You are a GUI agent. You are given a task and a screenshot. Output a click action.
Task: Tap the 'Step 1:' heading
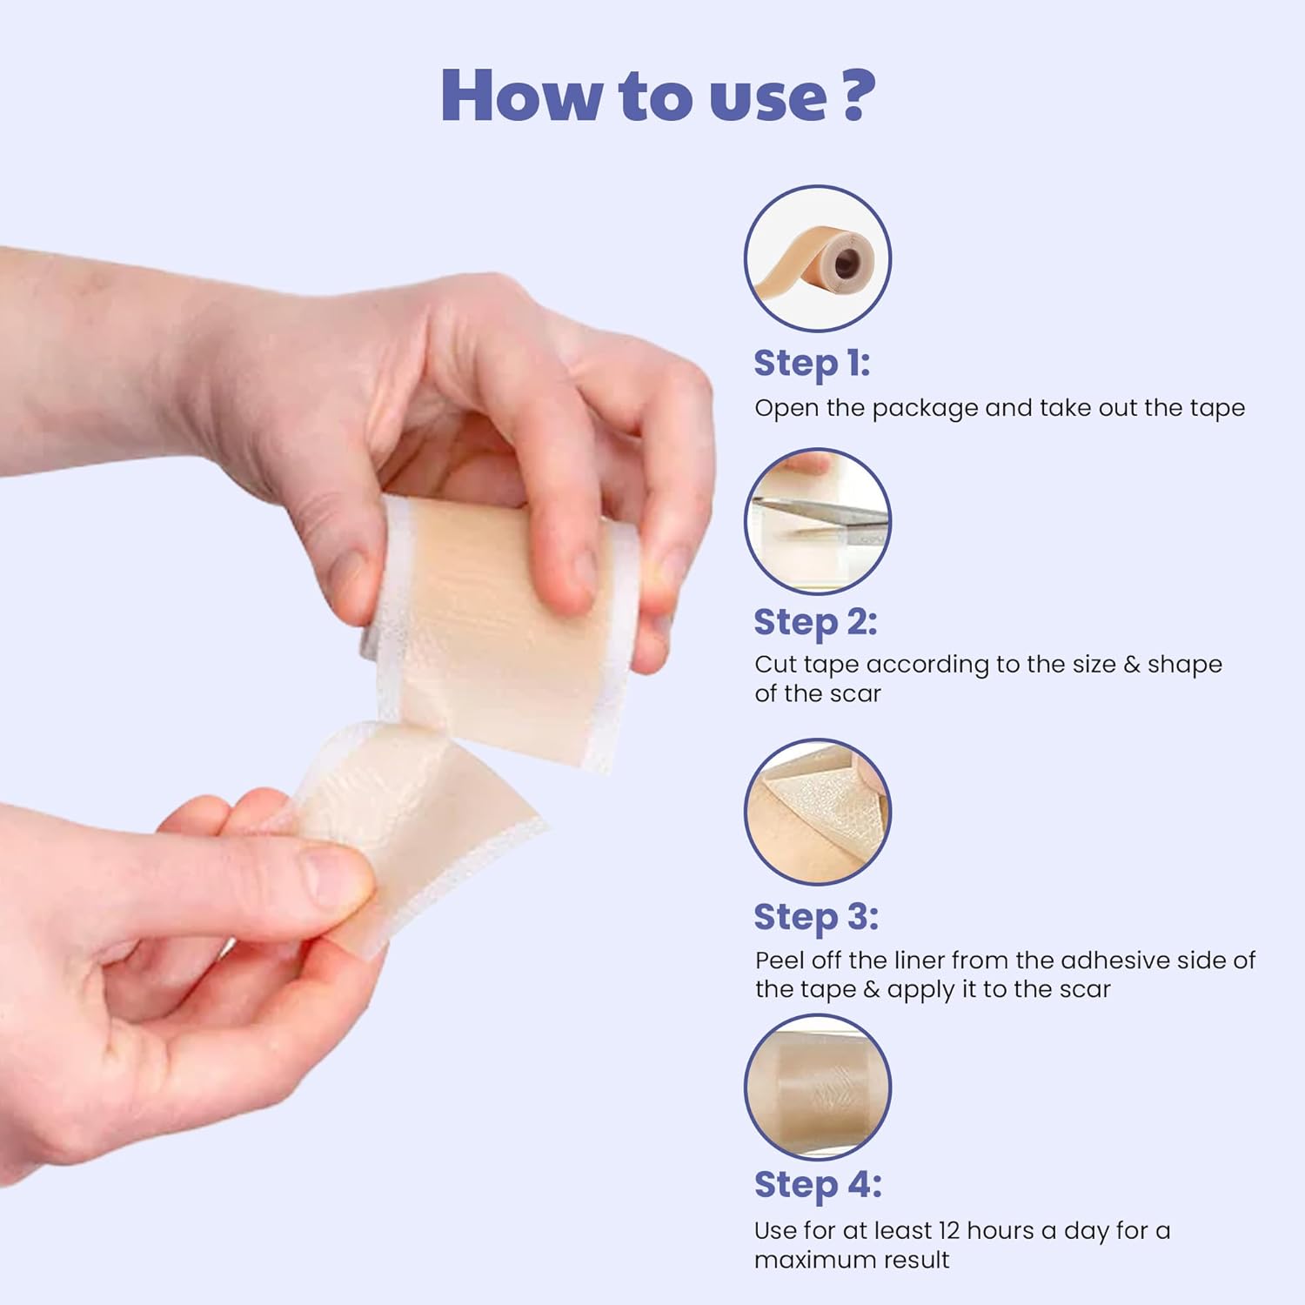(x=811, y=363)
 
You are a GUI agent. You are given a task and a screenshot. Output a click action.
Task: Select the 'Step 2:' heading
(x=815, y=622)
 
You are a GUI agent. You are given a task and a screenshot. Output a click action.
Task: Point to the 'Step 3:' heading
(x=815, y=917)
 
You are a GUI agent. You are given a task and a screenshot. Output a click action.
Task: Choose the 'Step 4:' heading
(x=817, y=1184)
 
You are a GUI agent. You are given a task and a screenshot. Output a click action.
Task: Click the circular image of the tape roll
(x=818, y=258)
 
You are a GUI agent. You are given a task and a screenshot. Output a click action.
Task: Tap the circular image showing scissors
(x=818, y=521)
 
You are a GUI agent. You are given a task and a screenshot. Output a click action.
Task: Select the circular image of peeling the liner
(x=818, y=812)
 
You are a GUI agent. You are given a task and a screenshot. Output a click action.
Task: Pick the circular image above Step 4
(x=818, y=1087)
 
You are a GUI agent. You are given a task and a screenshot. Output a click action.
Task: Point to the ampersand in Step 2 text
(x=1131, y=665)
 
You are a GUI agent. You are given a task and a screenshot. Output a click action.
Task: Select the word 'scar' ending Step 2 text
(x=854, y=694)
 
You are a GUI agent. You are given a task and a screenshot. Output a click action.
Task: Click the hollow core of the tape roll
(x=849, y=262)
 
